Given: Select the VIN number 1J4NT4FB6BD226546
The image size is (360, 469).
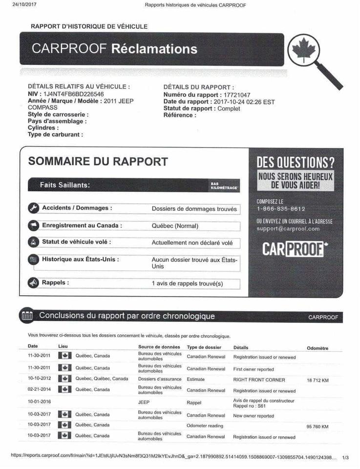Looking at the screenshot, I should coord(74,94).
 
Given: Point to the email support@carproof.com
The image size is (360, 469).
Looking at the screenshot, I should coord(288,229).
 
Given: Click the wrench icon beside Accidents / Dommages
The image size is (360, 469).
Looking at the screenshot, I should coord(33,208).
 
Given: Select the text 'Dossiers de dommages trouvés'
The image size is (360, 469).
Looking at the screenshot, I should coord(194,209).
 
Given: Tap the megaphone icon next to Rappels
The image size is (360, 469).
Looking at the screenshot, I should coord(33,283).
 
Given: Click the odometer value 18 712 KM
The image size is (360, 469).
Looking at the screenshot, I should coord(318,380).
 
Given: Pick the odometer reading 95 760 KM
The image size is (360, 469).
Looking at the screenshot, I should coord(318,426).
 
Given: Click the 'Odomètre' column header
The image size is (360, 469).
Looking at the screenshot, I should coord(317,348).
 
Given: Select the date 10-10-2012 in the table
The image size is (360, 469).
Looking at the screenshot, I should coord(39,379).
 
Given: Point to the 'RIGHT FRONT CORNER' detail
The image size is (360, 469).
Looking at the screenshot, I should coord(259,380).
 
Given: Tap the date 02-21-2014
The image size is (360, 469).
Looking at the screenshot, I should coord(39,390).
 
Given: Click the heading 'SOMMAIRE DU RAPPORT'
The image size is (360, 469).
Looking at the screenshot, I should coord(98,162).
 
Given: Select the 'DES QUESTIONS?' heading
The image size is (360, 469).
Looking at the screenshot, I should coord(296,162).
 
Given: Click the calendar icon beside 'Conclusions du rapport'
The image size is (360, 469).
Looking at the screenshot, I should coord(27,316).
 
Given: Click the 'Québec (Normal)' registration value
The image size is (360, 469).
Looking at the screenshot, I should coord(175,226).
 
